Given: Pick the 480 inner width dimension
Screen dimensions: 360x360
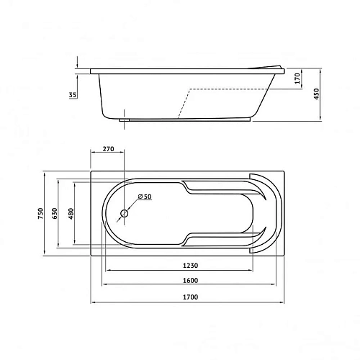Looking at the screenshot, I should (71, 214).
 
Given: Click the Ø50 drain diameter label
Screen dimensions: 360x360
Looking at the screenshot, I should (144, 197).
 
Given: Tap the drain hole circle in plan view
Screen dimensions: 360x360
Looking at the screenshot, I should (125, 213).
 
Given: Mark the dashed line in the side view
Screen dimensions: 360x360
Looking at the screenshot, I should (223, 89).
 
